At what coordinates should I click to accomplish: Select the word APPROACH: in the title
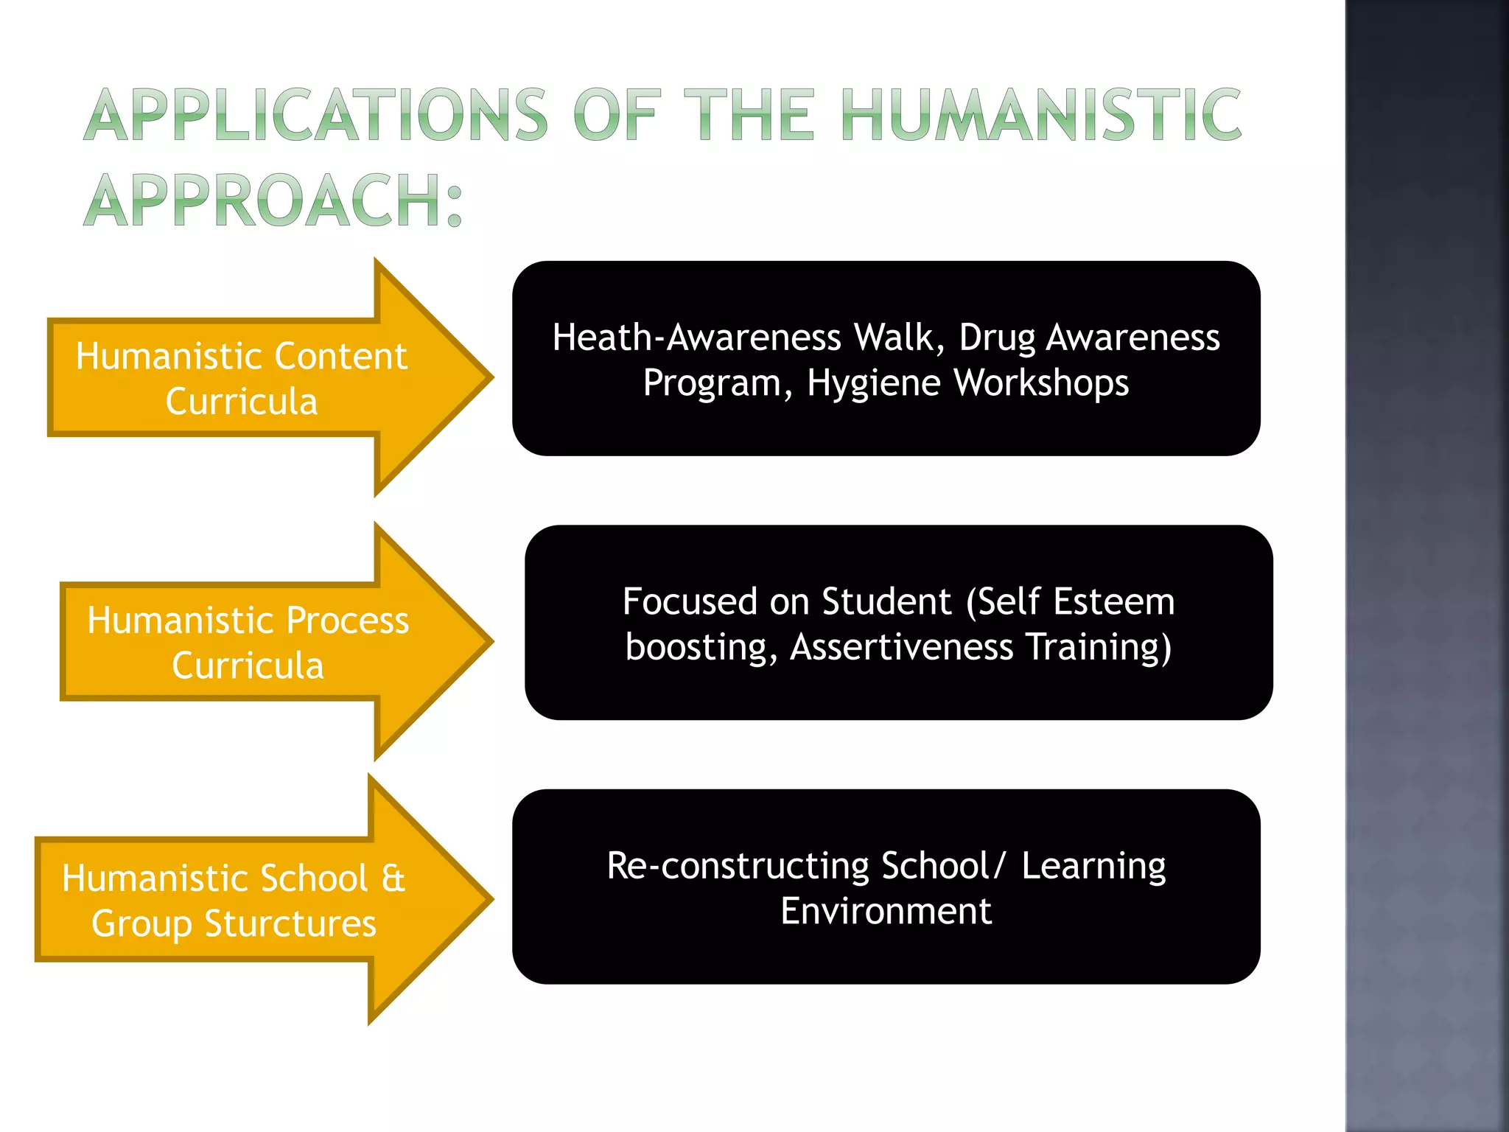coord(273,200)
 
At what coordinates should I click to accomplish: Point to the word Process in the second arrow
coord(347,621)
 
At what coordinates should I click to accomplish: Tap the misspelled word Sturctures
coord(290,924)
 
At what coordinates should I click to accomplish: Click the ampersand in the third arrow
coord(393,878)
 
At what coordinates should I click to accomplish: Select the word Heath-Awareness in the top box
coord(697,338)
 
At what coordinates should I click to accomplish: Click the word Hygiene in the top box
coord(874,384)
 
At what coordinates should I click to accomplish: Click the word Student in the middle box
coord(887,602)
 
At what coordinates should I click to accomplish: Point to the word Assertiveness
coord(902,647)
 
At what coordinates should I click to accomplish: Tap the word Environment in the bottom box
coord(886,912)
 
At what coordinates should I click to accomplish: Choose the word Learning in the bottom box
coord(1093,866)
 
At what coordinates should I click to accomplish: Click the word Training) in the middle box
coord(1099,647)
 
